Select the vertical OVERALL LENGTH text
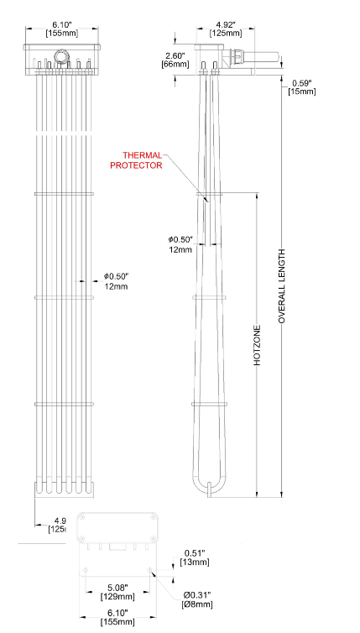[x=282, y=286]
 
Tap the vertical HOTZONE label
[x=258, y=344]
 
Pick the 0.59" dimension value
[x=301, y=82]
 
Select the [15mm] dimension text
[x=301, y=91]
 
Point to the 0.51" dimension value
[x=193, y=553]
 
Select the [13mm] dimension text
[x=193, y=562]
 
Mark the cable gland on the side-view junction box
[x=237, y=60]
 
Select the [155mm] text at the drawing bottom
[x=116, y=622]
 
